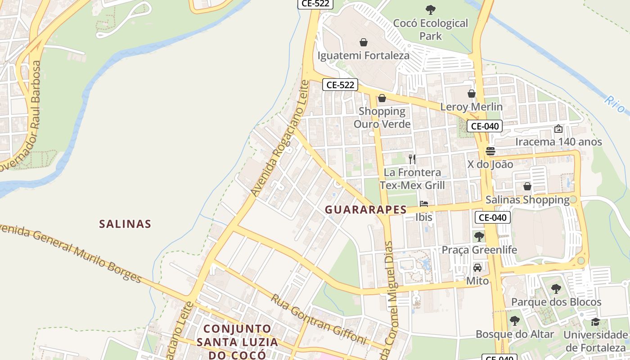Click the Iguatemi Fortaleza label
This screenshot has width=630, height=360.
(x=364, y=56)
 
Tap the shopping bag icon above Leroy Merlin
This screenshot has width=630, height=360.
(x=472, y=94)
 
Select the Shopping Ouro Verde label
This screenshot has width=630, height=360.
(x=382, y=117)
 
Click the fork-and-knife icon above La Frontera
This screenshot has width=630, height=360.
(x=412, y=158)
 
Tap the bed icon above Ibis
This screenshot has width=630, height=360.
(x=423, y=203)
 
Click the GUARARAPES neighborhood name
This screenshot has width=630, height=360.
(x=366, y=210)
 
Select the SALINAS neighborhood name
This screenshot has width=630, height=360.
(x=125, y=224)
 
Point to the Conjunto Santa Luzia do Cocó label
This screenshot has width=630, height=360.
(x=237, y=342)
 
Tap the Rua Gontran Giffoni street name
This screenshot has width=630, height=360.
(x=319, y=319)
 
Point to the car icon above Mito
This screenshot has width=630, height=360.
(x=477, y=268)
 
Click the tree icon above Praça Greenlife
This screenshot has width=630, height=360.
(x=479, y=236)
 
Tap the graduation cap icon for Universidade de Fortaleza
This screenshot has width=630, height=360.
(x=595, y=321)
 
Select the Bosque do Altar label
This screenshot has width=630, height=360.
(x=515, y=334)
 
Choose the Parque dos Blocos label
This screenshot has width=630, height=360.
(x=556, y=302)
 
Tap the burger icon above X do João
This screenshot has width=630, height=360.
(x=490, y=151)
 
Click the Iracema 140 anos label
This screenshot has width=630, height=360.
(x=558, y=142)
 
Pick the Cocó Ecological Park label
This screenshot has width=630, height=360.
(x=431, y=29)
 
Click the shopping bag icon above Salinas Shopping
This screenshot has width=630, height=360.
(x=527, y=186)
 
